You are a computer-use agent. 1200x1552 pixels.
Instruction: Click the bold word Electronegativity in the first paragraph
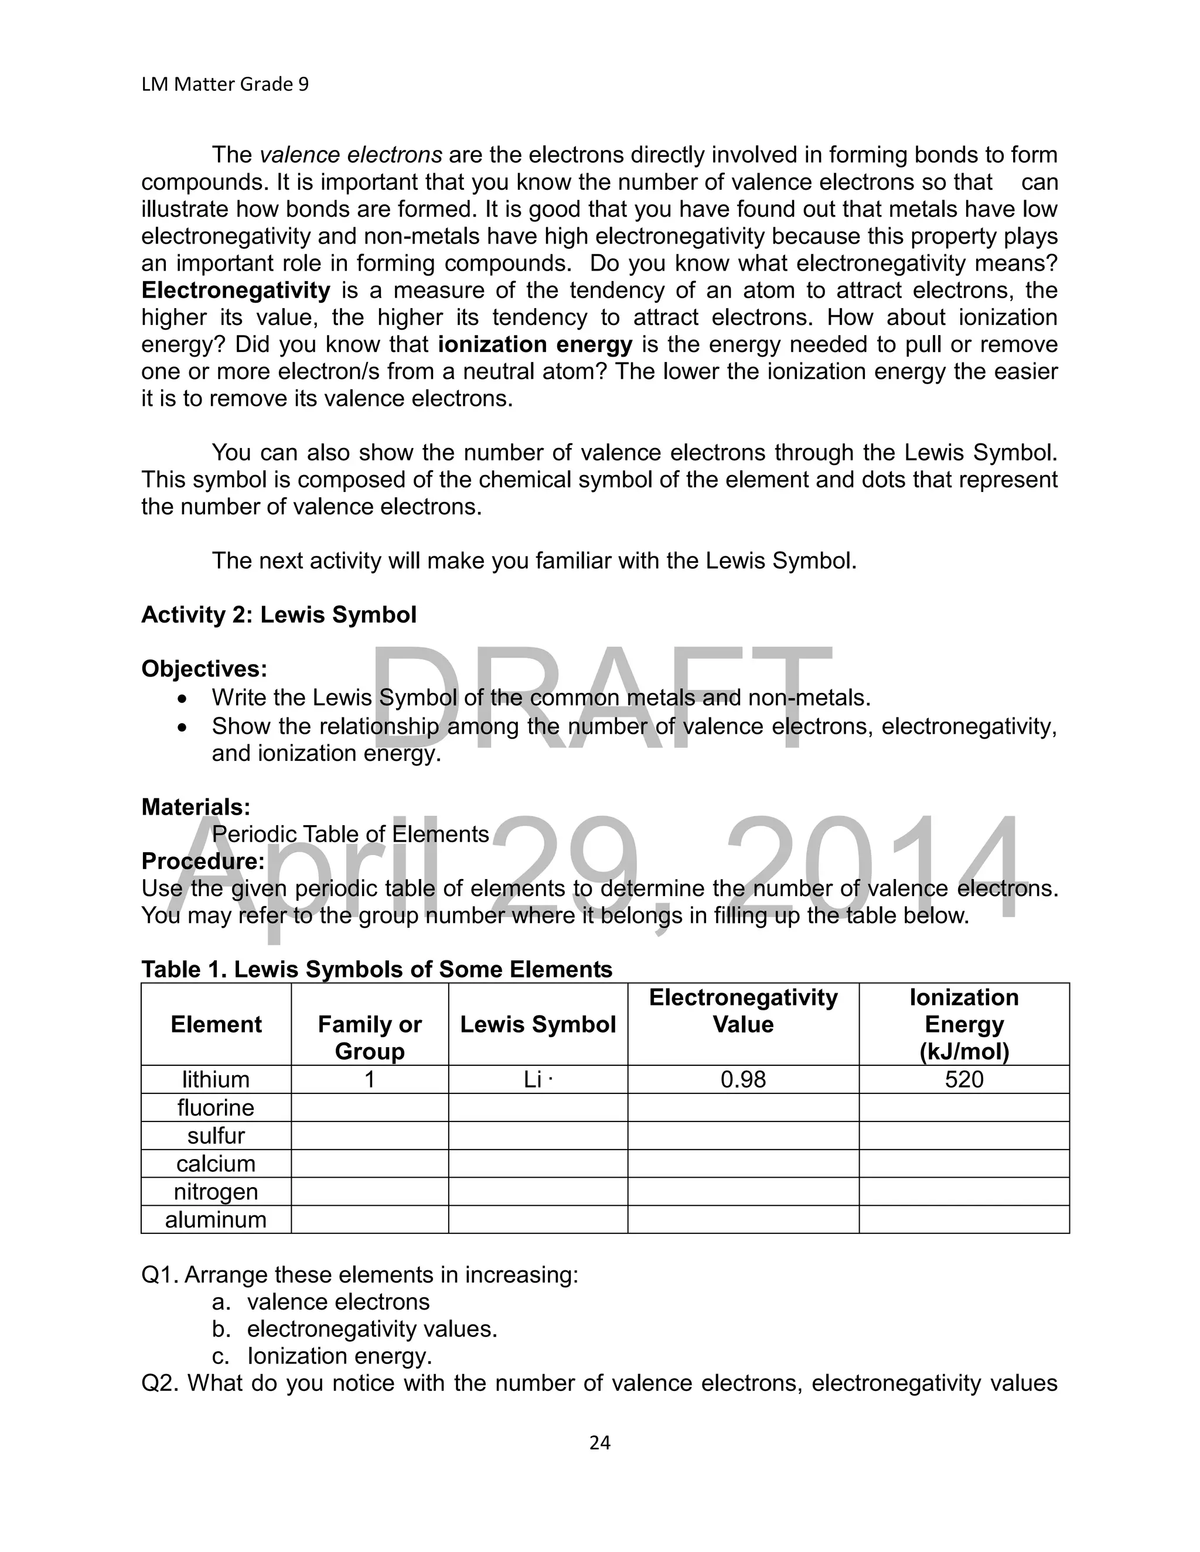click(x=236, y=290)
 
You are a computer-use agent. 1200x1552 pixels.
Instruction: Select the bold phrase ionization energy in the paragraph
click(x=534, y=344)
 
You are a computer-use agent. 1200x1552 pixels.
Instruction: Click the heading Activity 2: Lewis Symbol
click(x=279, y=615)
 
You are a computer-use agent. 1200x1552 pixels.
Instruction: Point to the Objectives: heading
click(x=204, y=669)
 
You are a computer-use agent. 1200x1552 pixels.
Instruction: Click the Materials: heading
click(x=196, y=806)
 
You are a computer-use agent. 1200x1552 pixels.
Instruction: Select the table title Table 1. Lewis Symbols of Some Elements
click(x=377, y=969)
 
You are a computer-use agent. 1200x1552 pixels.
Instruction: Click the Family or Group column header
click(x=370, y=1038)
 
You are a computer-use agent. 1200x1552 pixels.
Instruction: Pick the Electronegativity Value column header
click(x=743, y=1010)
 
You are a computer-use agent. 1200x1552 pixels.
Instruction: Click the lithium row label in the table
click(x=216, y=1079)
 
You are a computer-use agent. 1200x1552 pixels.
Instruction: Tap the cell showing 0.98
click(x=743, y=1079)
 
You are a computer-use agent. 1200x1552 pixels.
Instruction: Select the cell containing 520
click(x=964, y=1079)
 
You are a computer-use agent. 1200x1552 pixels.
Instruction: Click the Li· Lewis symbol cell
click(x=537, y=1079)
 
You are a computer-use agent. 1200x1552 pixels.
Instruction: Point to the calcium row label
click(x=216, y=1163)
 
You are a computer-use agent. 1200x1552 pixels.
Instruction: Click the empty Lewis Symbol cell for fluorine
click(x=537, y=1107)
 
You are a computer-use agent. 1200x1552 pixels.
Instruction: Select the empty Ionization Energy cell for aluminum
click(x=964, y=1219)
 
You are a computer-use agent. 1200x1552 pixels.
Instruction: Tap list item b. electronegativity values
click(x=371, y=1329)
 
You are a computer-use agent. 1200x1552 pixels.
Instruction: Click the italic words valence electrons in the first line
click(x=350, y=155)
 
